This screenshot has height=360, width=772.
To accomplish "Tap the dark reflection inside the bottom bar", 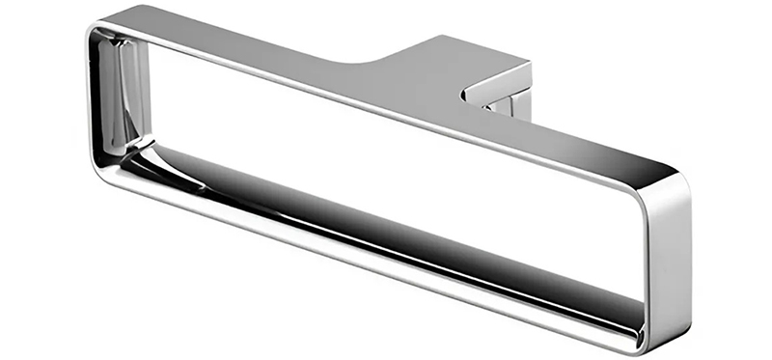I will (386, 217).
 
